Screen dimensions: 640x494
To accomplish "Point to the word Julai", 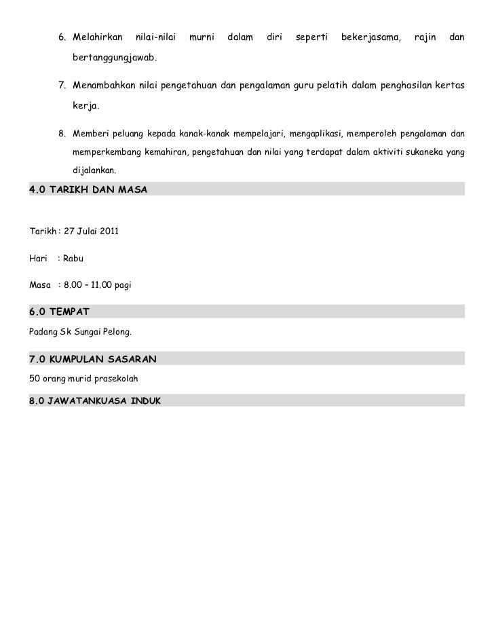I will [85, 232].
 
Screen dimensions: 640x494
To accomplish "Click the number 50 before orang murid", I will [35, 378].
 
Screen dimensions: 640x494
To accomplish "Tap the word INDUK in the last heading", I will [142, 401].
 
